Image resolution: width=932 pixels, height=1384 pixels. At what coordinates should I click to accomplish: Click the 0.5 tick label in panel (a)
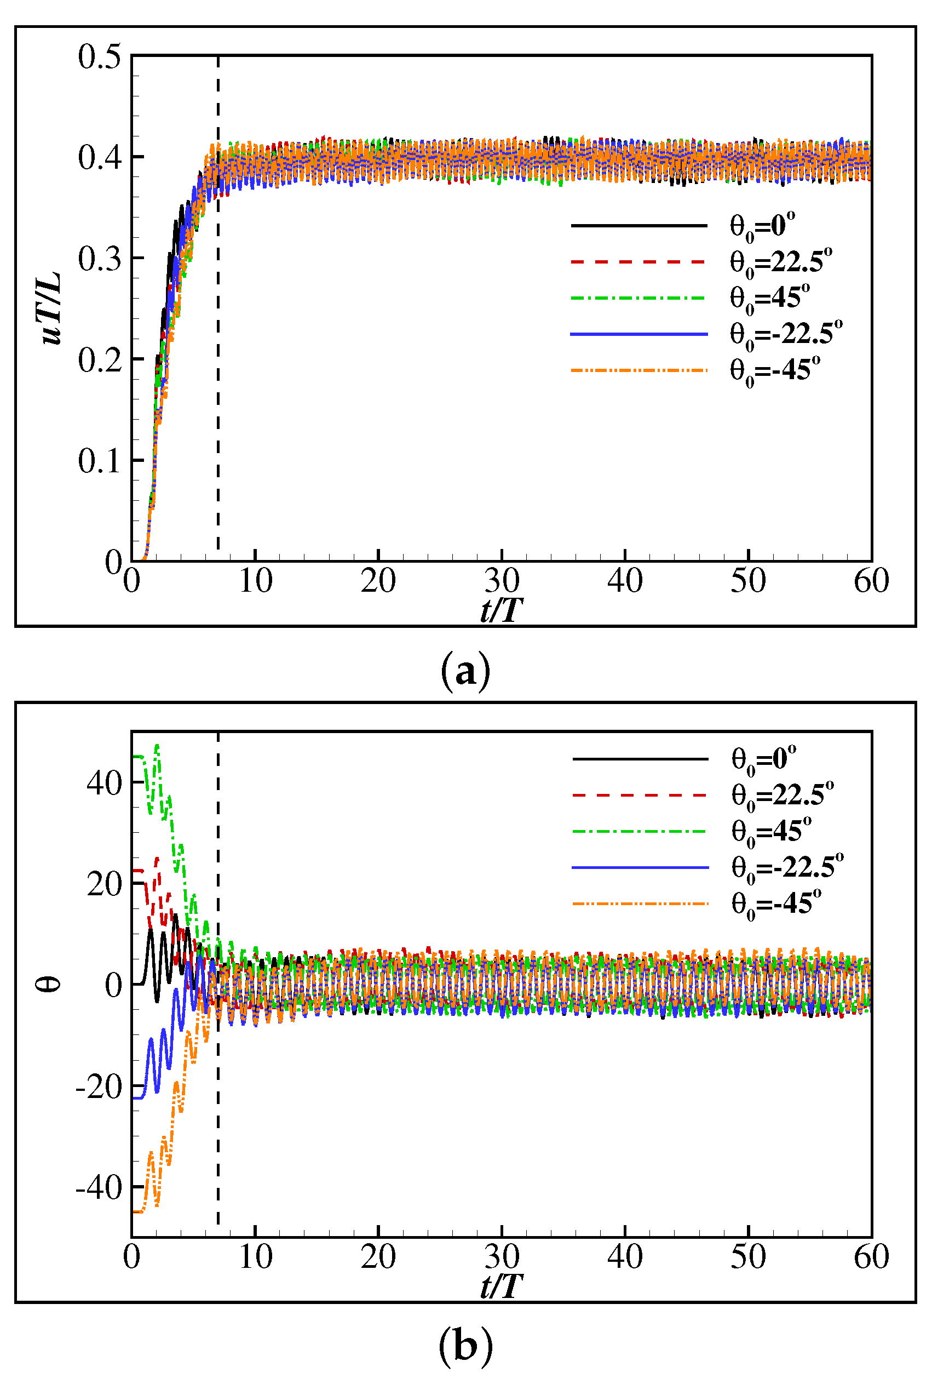point(99,57)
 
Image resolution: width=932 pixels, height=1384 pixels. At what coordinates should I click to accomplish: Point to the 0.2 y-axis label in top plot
point(99,360)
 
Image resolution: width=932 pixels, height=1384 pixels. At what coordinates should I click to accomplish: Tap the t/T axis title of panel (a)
point(501,610)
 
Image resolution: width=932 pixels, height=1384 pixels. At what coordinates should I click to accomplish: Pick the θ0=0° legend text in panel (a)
point(762,226)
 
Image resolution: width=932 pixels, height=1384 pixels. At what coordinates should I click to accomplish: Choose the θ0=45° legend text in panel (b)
point(771,831)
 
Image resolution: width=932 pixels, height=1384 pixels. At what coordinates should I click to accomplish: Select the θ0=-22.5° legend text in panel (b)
point(787,868)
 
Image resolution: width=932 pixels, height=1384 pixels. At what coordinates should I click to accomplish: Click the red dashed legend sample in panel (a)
point(638,262)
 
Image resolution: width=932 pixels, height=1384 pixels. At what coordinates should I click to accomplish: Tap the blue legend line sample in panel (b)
point(640,868)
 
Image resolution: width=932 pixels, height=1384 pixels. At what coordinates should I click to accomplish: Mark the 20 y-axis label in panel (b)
point(104,884)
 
